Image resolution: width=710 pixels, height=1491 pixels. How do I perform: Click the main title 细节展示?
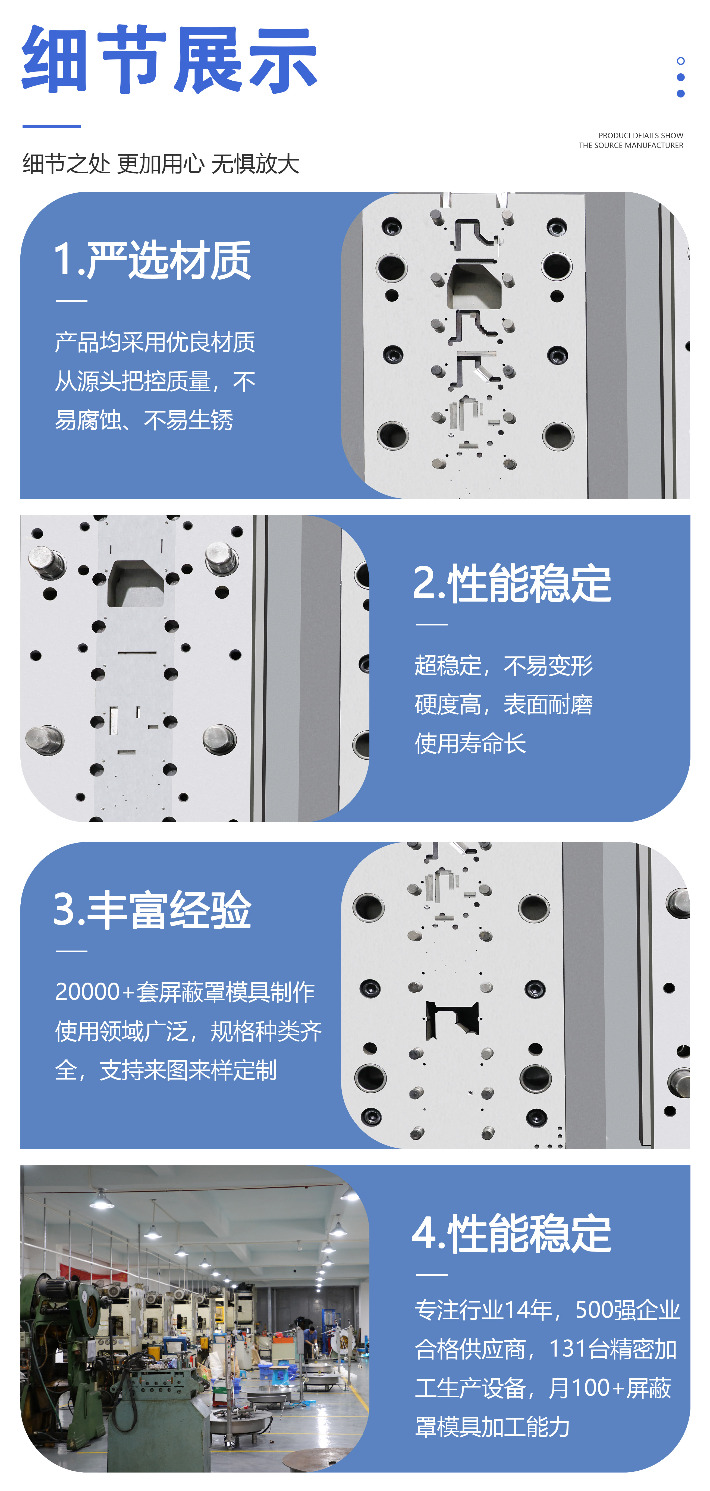tap(169, 60)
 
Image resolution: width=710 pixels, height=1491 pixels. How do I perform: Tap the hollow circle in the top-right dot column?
tap(680, 61)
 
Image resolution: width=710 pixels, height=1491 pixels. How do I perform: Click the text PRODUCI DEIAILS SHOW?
tap(640, 136)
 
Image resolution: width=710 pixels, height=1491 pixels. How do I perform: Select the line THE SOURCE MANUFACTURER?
tap(631, 145)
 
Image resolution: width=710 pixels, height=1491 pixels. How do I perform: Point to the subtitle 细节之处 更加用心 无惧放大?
tap(161, 164)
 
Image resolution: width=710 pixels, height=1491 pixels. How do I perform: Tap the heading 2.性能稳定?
tap(512, 583)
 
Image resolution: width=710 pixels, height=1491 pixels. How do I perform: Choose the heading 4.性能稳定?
tap(512, 1234)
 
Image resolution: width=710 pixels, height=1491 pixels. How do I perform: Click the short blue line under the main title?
tap(52, 125)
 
